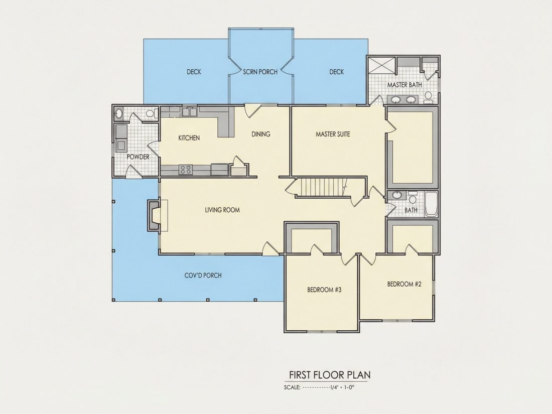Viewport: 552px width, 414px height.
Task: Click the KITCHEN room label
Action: coord(189,137)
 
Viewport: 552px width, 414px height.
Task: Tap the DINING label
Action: coord(261,134)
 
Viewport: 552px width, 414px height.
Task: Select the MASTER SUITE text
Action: coord(333,134)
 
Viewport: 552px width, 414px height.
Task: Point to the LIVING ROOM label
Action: coord(222,210)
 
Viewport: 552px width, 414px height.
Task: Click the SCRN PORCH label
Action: coord(260,72)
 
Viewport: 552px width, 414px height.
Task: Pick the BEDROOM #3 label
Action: coord(324,290)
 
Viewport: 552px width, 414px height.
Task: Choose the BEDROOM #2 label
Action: coord(404,284)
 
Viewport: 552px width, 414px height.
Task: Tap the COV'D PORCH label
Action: coord(203,275)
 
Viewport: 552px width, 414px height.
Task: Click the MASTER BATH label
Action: coord(404,85)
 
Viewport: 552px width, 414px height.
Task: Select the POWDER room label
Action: coord(138,157)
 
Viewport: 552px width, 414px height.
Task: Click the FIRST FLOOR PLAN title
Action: coord(330,374)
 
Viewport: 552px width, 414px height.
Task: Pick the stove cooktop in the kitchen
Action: coord(186,170)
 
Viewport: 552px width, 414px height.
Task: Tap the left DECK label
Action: coord(194,72)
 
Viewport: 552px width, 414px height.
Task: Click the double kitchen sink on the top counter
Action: coord(189,111)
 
